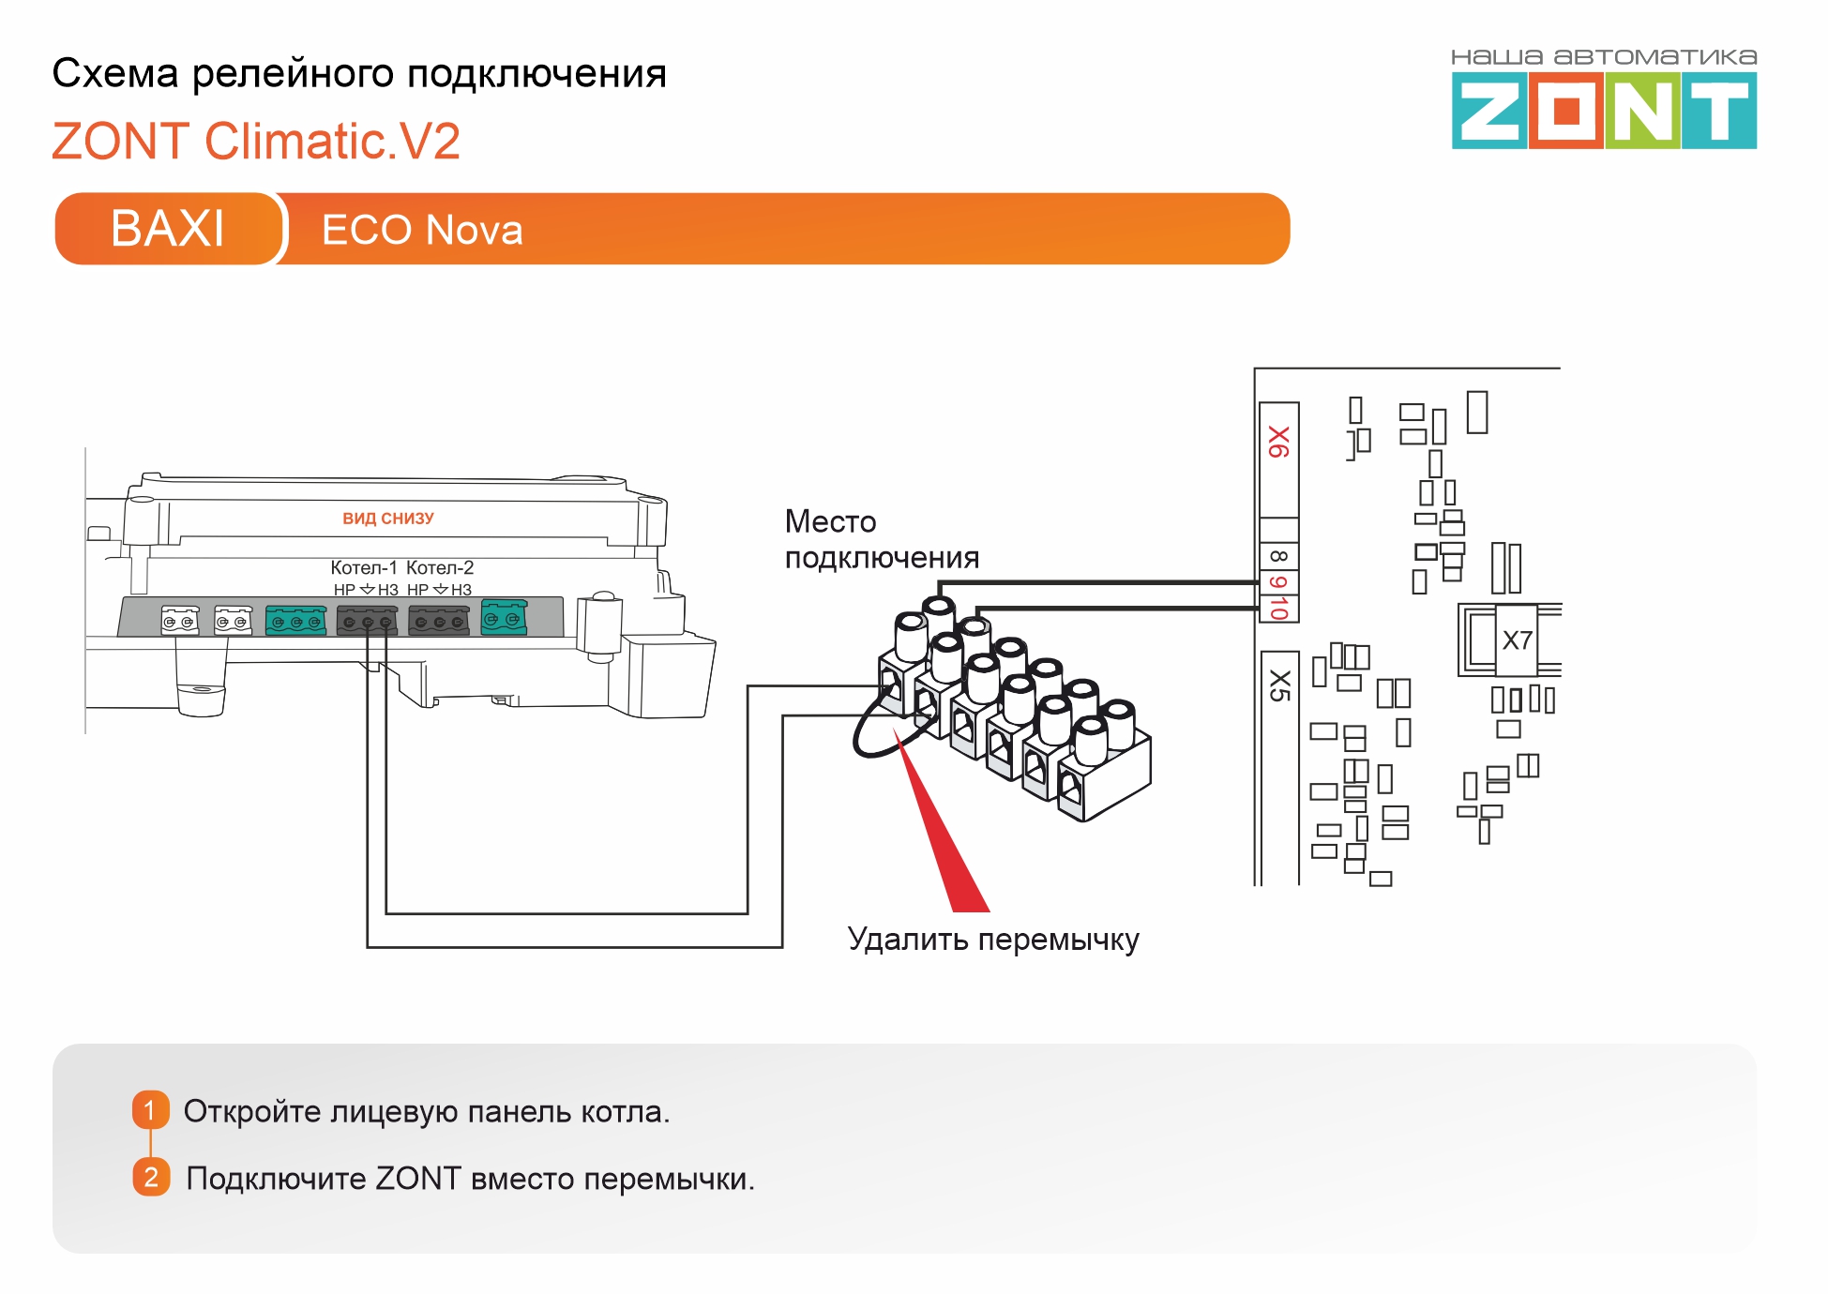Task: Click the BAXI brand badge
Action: coord(168,229)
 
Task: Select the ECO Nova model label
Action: coord(422,230)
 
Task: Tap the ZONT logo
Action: coord(1604,112)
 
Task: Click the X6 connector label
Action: coord(1278,442)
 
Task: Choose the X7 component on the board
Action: coord(1517,640)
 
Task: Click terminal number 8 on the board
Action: coord(1278,556)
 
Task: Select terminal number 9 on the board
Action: coord(1278,582)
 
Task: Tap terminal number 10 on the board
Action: coord(1278,608)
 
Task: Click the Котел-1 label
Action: coord(364,567)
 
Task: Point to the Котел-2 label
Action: coord(440,567)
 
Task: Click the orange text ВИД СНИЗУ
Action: coord(387,519)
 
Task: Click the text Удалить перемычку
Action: coord(992,940)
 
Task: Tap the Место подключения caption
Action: coord(881,539)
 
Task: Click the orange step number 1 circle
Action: coord(150,1110)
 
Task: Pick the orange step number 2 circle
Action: coord(151,1177)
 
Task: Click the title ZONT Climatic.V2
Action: coord(256,142)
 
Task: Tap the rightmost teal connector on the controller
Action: coord(504,619)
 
